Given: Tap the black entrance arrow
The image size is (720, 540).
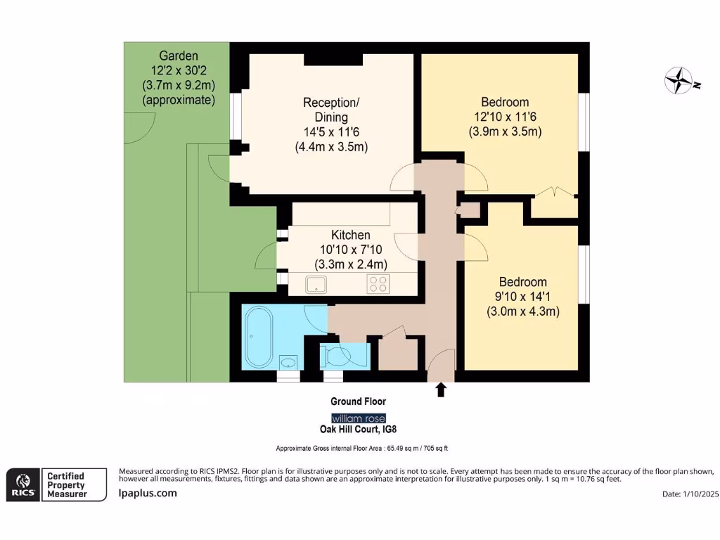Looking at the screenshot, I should click(x=441, y=390).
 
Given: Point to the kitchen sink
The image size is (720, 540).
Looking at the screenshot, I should click(x=316, y=284).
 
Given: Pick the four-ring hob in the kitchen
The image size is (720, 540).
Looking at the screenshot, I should click(x=378, y=284).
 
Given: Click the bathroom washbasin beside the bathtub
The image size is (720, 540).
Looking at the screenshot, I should click(x=287, y=362).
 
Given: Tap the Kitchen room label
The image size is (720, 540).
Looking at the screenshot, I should click(x=351, y=235).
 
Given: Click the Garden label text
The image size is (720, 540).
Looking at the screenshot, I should click(x=179, y=56).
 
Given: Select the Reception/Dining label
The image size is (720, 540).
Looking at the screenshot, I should click(x=326, y=110).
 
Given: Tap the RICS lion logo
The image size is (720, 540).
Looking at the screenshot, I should click(x=21, y=484).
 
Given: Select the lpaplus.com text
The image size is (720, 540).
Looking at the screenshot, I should click(x=148, y=493).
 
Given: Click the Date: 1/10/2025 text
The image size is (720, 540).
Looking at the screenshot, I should click(x=691, y=494).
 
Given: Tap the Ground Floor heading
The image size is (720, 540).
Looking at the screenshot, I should click(x=359, y=401).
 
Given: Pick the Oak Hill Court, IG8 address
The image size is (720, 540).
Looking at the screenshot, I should click(x=359, y=429).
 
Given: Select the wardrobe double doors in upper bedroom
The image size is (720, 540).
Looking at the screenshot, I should click(x=553, y=191).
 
